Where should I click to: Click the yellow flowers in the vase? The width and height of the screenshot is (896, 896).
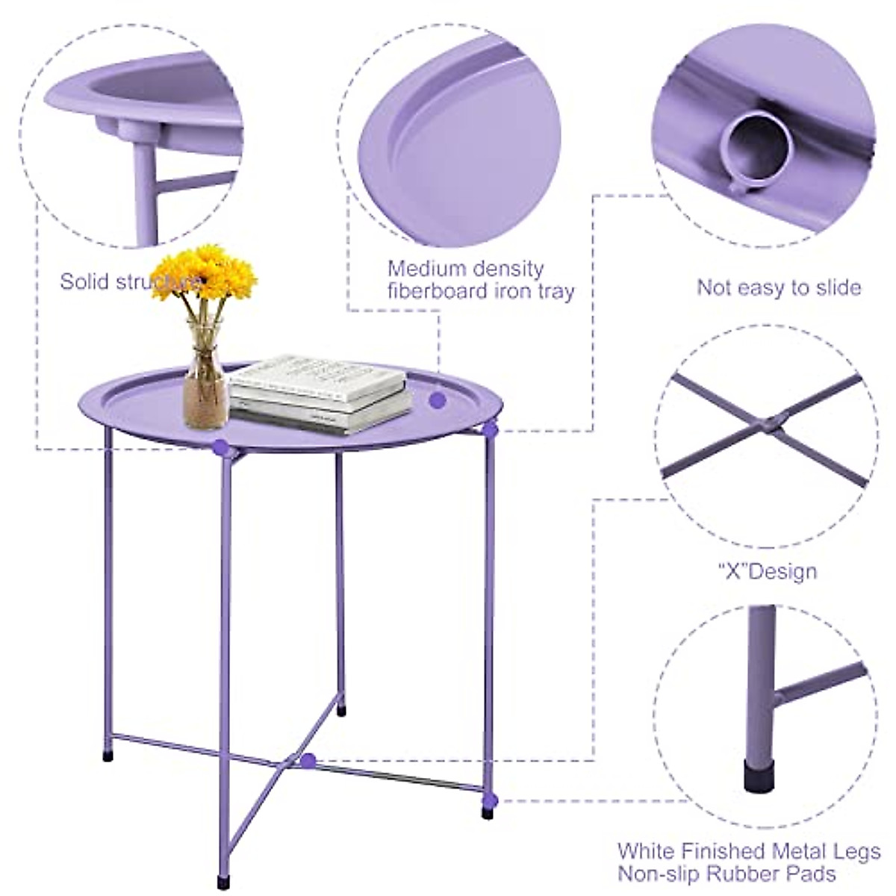[204, 273]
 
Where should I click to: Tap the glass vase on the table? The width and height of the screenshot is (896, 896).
[206, 381]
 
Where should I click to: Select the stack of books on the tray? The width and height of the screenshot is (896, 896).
[320, 393]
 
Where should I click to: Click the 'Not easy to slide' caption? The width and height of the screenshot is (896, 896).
[779, 287]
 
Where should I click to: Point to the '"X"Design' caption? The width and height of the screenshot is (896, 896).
[767, 572]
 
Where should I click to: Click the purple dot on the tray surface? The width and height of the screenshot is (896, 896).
[438, 400]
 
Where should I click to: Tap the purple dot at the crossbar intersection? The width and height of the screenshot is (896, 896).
[308, 761]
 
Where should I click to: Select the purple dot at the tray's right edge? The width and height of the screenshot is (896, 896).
[489, 429]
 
